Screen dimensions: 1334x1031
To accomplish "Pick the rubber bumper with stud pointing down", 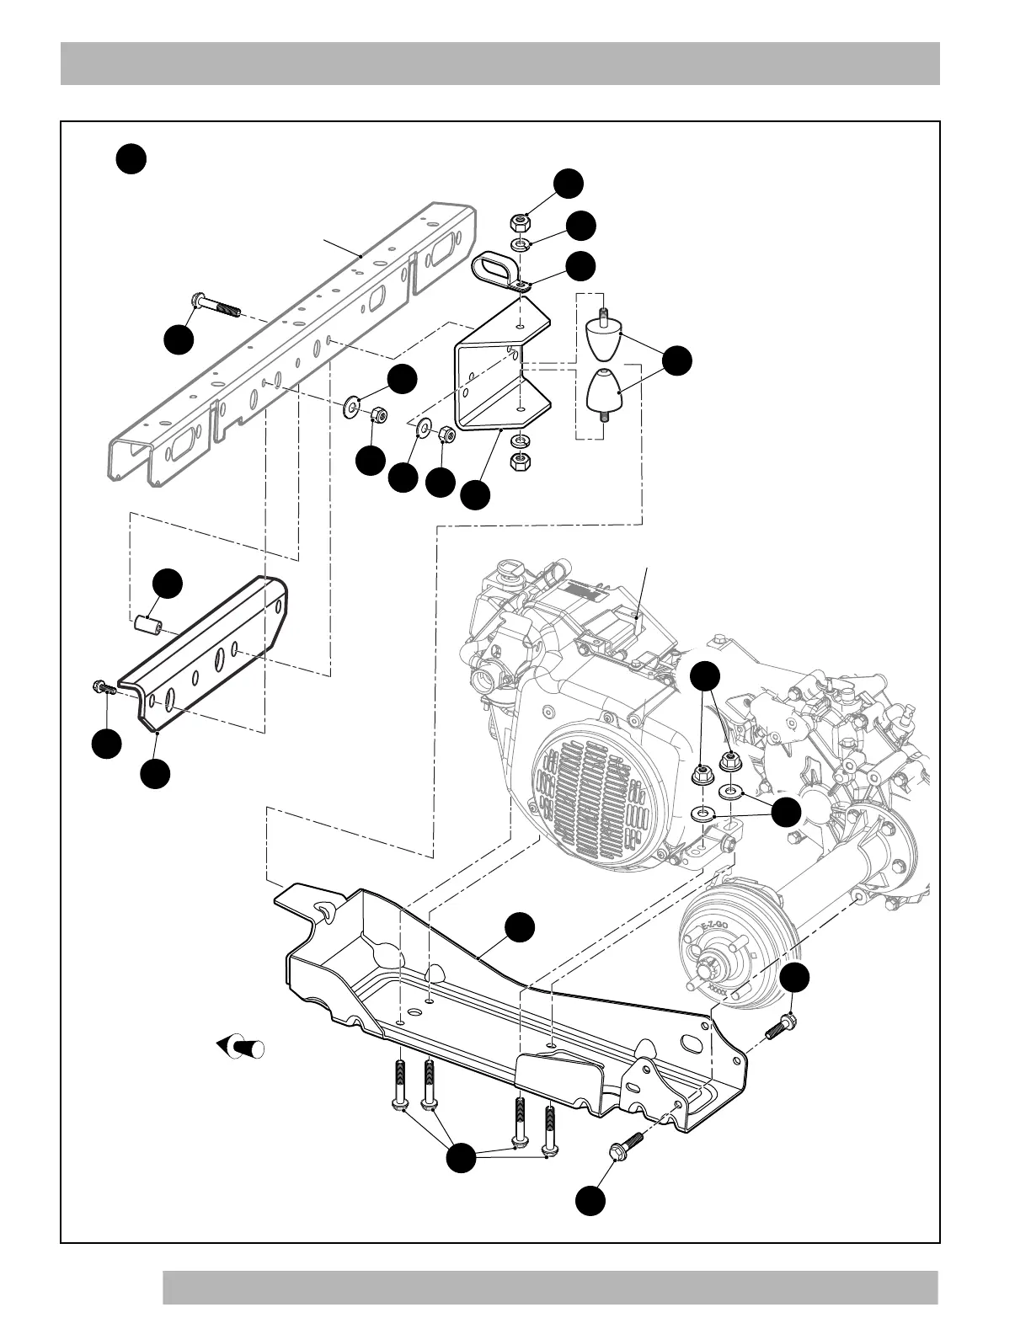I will point(603,392).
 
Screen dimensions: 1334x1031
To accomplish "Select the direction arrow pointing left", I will point(241,1048).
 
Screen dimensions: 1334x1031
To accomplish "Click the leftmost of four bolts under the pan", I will point(399,1086).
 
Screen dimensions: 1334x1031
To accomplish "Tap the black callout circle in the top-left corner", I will point(131,159).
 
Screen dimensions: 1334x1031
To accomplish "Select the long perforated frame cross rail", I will point(295,337).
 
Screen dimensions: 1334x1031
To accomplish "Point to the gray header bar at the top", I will point(499,63).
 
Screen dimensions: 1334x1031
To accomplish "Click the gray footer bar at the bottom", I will point(550,1288).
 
